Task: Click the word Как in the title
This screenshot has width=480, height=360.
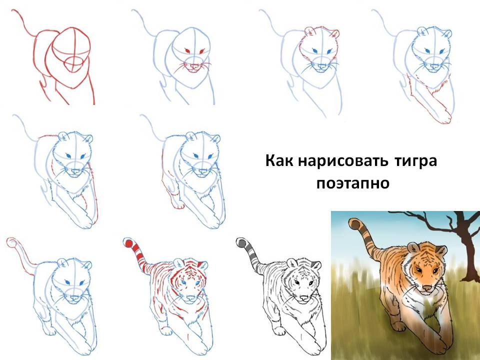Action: click(279, 160)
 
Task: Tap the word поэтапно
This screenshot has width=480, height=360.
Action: click(352, 183)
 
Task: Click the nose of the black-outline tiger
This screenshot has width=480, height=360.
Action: click(303, 297)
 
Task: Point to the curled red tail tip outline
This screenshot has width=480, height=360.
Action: click(12, 242)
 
